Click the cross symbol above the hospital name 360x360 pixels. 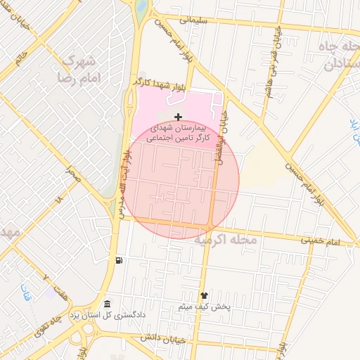pos(178,117)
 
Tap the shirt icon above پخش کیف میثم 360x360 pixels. pos(205,296)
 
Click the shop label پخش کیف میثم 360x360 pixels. pos(205,307)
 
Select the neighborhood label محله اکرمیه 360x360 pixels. pos(226,241)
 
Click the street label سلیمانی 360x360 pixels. pos(195,21)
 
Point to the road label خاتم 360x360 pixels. pos(22,54)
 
